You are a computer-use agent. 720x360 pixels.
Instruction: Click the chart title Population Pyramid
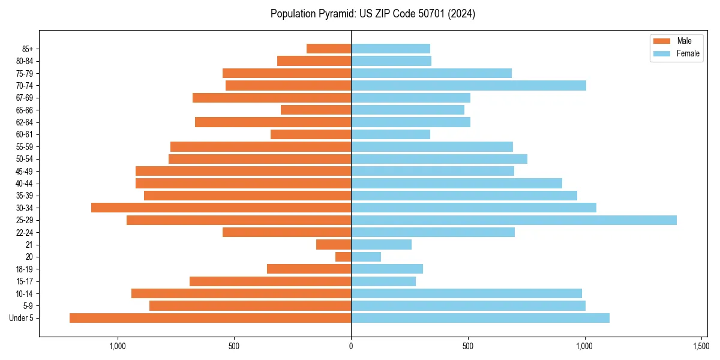pos(373,14)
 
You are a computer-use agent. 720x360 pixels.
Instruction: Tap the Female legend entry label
pos(688,53)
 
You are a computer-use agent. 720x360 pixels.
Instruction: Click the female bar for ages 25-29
pos(514,220)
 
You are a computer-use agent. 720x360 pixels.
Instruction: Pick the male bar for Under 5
pos(210,318)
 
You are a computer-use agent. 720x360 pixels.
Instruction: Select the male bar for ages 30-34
pos(221,208)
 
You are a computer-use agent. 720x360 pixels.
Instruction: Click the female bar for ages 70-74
pos(469,85)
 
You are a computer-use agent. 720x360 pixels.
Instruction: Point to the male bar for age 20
pos(343,257)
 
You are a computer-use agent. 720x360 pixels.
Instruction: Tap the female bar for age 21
pos(381,245)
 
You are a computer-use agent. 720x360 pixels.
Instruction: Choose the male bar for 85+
pos(329,49)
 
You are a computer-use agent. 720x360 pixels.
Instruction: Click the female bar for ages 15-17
pos(383,281)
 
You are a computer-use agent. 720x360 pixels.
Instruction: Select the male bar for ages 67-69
pos(272,98)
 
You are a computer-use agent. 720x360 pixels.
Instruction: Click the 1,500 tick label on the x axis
pos(701,346)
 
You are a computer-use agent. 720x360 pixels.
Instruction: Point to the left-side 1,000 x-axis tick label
pos(118,346)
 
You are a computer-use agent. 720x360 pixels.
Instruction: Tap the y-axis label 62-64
pos(25,122)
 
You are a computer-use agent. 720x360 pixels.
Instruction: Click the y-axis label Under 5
pos(22,318)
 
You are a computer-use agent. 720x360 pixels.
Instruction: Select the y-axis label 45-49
pos(25,171)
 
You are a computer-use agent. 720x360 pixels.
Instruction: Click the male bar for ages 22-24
pos(287,232)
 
